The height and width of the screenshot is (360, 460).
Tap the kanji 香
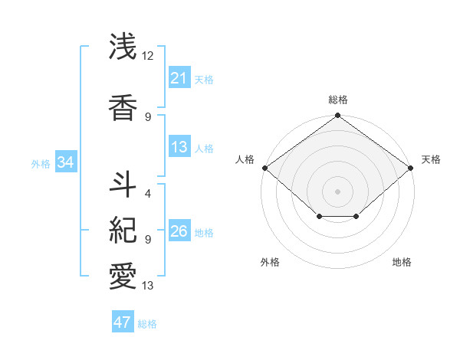tap(123, 107)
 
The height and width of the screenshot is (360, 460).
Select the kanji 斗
tap(123, 182)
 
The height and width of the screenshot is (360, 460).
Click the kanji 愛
tap(123, 276)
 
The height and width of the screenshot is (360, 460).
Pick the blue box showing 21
tap(179, 78)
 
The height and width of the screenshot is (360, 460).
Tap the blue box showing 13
tap(179, 148)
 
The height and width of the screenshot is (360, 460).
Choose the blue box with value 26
tap(179, 232)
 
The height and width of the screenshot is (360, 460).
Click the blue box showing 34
tap(65, 162)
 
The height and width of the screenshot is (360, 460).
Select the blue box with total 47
tap(123, 322)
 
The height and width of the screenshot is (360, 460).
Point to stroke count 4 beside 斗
tap(148, 193)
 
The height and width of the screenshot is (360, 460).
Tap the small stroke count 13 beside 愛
tap(148, 286)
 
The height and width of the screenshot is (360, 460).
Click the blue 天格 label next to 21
tap(204, 79)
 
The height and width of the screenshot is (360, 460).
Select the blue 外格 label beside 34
tap(41, 163)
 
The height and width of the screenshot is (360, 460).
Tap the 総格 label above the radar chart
tap(337, 100)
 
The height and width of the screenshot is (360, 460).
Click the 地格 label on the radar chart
tap(402, 262)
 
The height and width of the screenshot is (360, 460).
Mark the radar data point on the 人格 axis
tap(264, 168)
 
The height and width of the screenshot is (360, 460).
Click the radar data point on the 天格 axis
tap(411, 168)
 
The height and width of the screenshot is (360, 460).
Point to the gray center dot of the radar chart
tap(337, 191)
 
